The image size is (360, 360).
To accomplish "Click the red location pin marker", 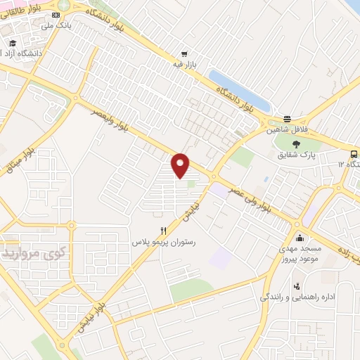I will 181,165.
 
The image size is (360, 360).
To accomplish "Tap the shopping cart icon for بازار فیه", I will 184,53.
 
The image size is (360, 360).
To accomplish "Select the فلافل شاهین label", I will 286,130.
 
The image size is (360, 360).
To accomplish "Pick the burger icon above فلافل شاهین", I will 287,120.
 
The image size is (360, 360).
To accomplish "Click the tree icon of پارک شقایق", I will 297,144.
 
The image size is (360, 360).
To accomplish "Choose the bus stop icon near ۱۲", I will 354,153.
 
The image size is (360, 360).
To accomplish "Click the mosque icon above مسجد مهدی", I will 301,237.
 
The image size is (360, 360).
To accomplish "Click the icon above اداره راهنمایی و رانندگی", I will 297,286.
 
